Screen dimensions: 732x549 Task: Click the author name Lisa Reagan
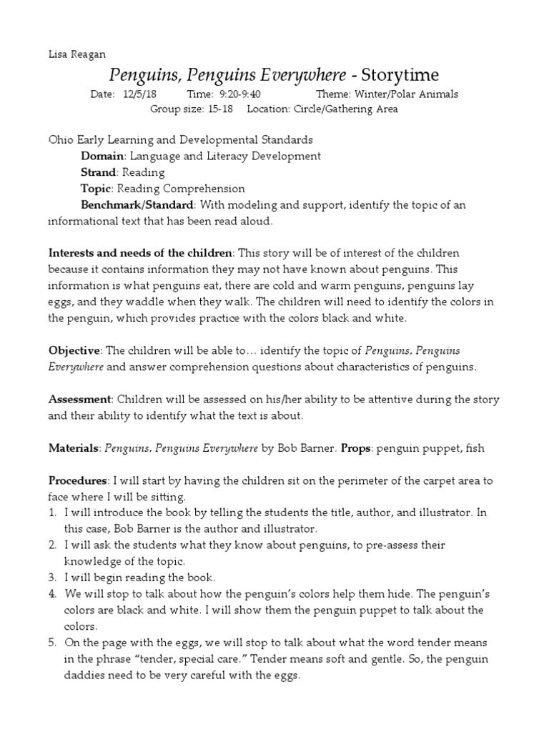pos(76,54)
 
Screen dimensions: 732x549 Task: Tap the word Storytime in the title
pos(400,75)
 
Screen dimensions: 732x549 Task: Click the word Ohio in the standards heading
pos(61,140)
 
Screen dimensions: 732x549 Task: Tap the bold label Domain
pos(102,156)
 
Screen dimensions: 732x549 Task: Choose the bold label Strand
pos(99,172)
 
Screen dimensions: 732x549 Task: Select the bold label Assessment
pos(79,399)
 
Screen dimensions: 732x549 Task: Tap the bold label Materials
pos(74,448)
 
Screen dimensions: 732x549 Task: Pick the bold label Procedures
pos(76,480)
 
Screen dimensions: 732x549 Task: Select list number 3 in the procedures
pos(52,577)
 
